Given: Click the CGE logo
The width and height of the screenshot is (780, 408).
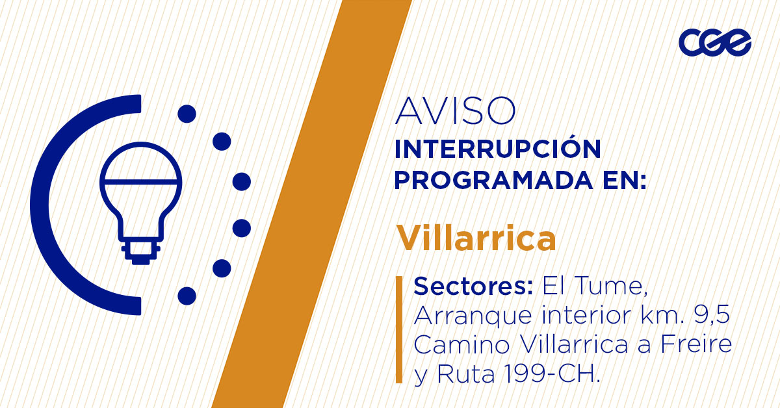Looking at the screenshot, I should (714, 42).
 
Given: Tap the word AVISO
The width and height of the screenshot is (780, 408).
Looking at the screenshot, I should (455, 111).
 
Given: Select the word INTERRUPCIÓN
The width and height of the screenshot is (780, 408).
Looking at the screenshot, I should (498, 149).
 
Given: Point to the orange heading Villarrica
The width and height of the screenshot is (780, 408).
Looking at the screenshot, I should (476, 238).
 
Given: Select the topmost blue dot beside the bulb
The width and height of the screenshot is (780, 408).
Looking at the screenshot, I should (187, 114).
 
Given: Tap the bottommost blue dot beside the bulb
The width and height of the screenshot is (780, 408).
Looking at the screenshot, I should (187, 296).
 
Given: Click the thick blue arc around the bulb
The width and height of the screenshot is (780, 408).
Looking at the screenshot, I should (49, 205).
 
